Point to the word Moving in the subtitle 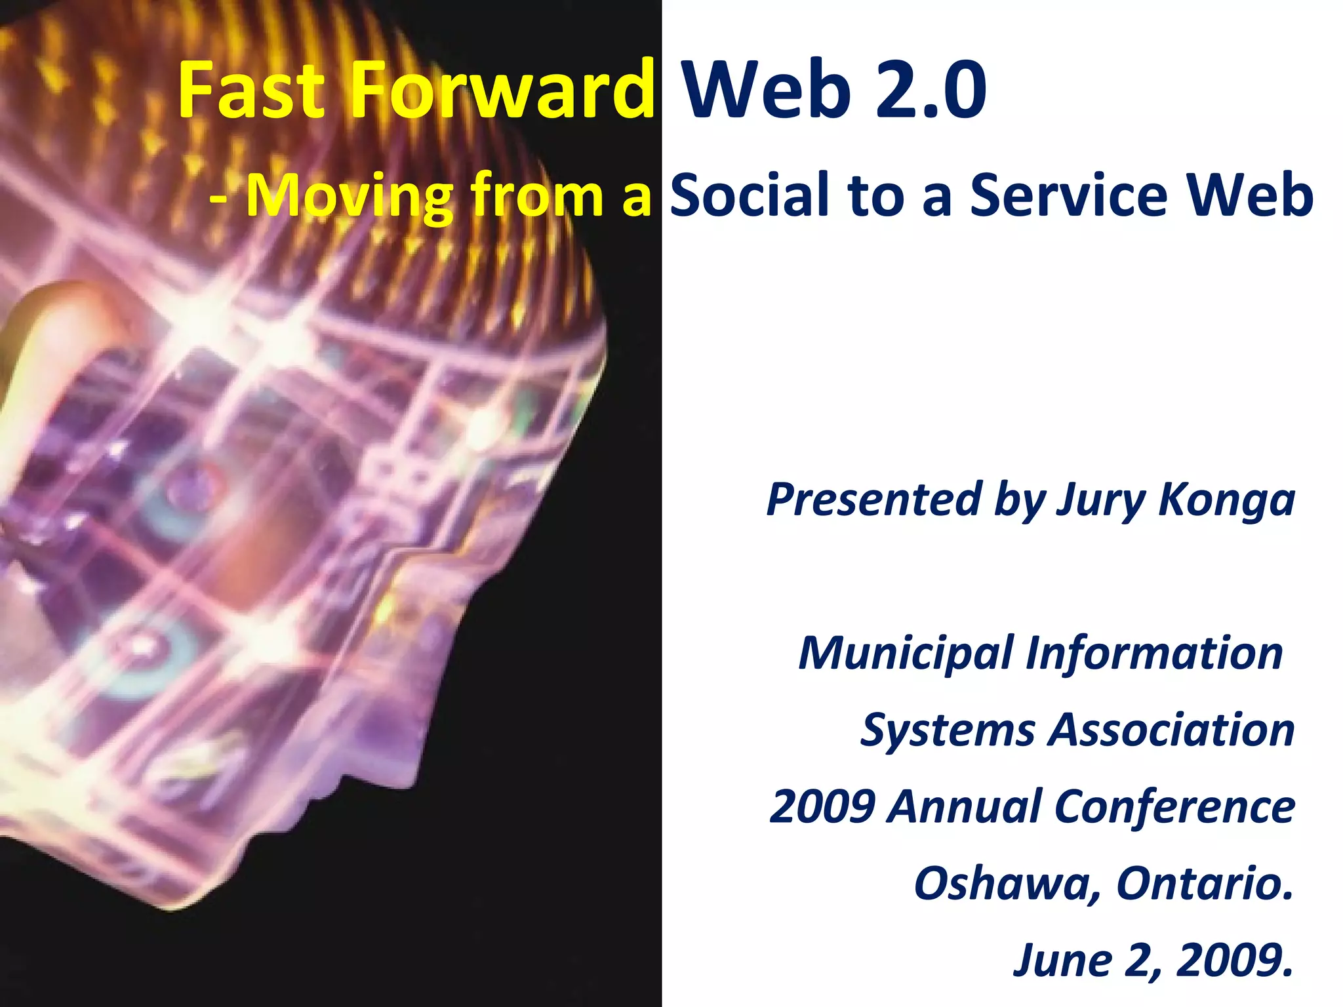(351, 196)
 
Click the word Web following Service (1246, 196)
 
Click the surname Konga (1226, 500)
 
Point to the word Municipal (906, 654)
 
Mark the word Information (1154, 653)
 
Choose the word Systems (948, 730)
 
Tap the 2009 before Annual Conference (822, 806)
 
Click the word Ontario (1204, 883)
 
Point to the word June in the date (1062, 960)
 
